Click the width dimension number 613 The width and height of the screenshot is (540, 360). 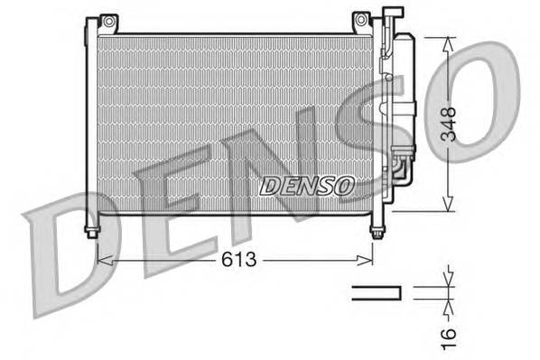(x=237, y=260)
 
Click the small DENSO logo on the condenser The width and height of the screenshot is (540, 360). (x=307, y=186)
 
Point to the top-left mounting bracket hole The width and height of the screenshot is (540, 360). (x=107, y=20)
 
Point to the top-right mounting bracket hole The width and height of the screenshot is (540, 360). (x=360, y=20)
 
